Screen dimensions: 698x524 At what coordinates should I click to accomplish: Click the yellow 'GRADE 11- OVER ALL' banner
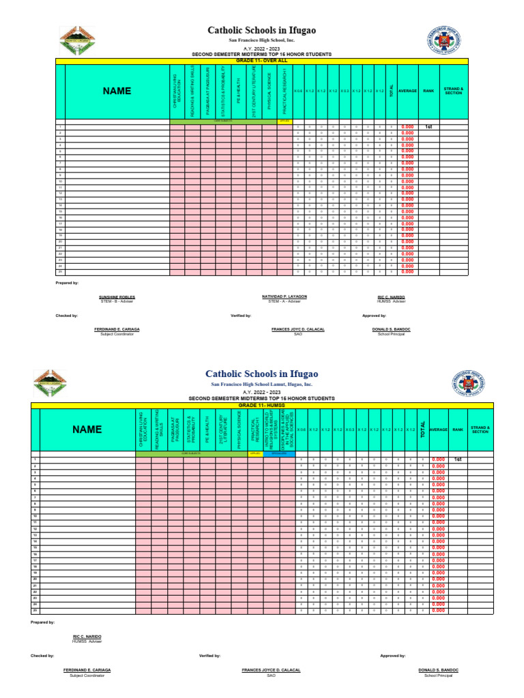pyautogui.click(x=263, y=61)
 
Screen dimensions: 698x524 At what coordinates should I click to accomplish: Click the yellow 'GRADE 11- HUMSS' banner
pyautogui.click(x=263, y=405)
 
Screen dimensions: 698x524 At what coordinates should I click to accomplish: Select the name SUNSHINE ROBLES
pyautogui.click(x=117, y=297)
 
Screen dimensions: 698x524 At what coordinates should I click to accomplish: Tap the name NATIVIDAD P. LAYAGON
pyautogui.click(x=285, y=297)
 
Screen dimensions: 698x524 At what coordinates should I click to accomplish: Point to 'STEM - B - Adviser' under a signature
pyautogui.click(x=117, y=301)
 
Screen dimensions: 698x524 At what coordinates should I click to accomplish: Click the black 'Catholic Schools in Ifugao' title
pyautogui.click(x=262, y=31)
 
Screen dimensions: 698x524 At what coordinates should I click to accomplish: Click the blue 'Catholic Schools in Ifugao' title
pyautogui.click(x=262, y=374)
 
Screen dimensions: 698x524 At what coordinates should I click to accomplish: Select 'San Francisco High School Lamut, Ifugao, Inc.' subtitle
pyautogui.click(x=262, y=385)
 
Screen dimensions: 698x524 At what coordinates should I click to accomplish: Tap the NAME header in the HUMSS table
pyautogui.click(x=88, y=429)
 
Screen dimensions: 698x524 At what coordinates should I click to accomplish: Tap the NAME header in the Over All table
pyautogui.click(x=117, y=91)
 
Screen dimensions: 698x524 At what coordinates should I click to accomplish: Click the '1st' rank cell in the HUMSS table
pyautogui.click(x=458, y=460)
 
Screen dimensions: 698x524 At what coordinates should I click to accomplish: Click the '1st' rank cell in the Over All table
pyautogui.click(x=428, y=127)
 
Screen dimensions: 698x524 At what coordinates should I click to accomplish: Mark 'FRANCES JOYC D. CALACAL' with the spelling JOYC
pyautogui.click(x=297, y=329)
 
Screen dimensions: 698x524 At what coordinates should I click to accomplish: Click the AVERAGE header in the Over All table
pyautogui.click(x=407, y=91)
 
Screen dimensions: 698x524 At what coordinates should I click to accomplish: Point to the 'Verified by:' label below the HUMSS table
pyautogui.click(x=209, y=655)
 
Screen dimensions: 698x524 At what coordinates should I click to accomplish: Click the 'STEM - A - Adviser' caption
pyautogui.click(x=285, y=301)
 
